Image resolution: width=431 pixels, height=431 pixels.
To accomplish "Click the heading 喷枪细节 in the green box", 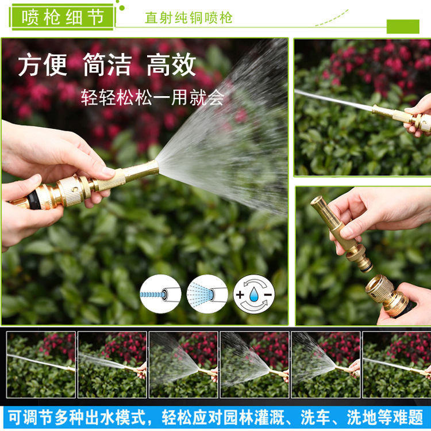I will pos(63,17).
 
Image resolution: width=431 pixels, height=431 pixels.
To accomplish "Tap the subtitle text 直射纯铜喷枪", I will pos(188,18).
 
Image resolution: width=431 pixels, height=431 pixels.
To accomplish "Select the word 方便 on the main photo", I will pos(43,66).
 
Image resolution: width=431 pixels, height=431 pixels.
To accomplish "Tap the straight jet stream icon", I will pos(160,295).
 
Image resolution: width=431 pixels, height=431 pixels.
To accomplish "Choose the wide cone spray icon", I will pos(207,294).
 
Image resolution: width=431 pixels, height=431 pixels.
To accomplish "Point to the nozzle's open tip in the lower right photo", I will pos(317,203).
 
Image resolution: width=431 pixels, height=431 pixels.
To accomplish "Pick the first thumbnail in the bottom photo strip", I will pos(41,365).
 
